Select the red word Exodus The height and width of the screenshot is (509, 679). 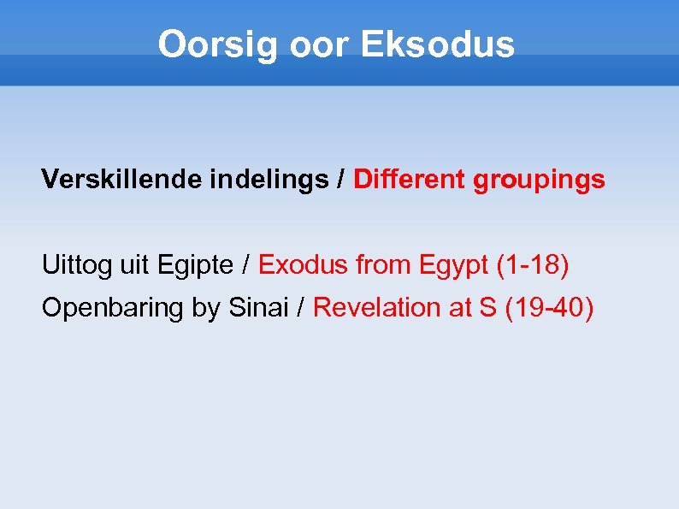[x=304, y=265]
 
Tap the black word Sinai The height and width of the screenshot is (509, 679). [x=258, y=307]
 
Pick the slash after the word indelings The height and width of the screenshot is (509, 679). [x=340, y=180]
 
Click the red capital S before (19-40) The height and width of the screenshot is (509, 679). [x=487, y=307]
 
